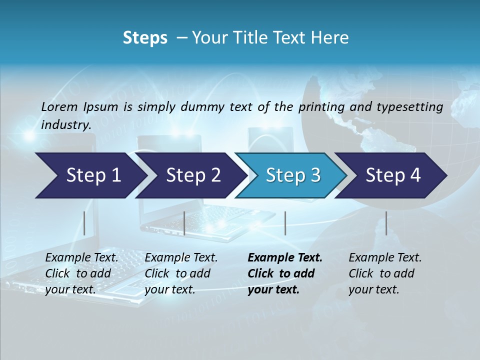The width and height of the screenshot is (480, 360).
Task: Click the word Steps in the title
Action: coord(145,38)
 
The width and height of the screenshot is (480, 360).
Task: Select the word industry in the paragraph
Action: coord(66,125)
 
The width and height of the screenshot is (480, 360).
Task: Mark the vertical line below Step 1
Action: coord(84,223)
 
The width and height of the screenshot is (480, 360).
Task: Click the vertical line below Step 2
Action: coord(184,223)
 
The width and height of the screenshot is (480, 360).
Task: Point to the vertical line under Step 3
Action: coord(285,223)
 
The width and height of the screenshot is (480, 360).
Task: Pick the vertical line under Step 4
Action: coord(386,223)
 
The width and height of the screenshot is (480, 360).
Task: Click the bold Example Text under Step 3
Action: coord(285,258)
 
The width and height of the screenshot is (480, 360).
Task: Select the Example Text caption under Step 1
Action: coord(82,258)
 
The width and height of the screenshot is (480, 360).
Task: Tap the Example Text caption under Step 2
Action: coord(181,258)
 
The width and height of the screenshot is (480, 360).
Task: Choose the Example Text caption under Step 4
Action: coord(385,258)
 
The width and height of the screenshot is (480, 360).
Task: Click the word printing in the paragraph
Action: coord(321,106)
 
